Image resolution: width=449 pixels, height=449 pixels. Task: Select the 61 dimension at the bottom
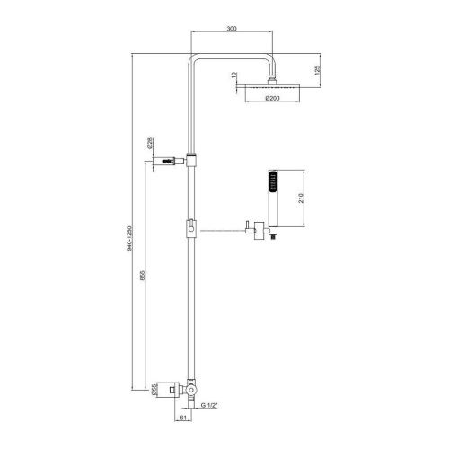tap(182, 418)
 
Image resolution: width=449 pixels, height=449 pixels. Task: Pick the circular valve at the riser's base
tap(192, 392)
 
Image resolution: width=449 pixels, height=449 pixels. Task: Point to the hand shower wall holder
tap(258, 230)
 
